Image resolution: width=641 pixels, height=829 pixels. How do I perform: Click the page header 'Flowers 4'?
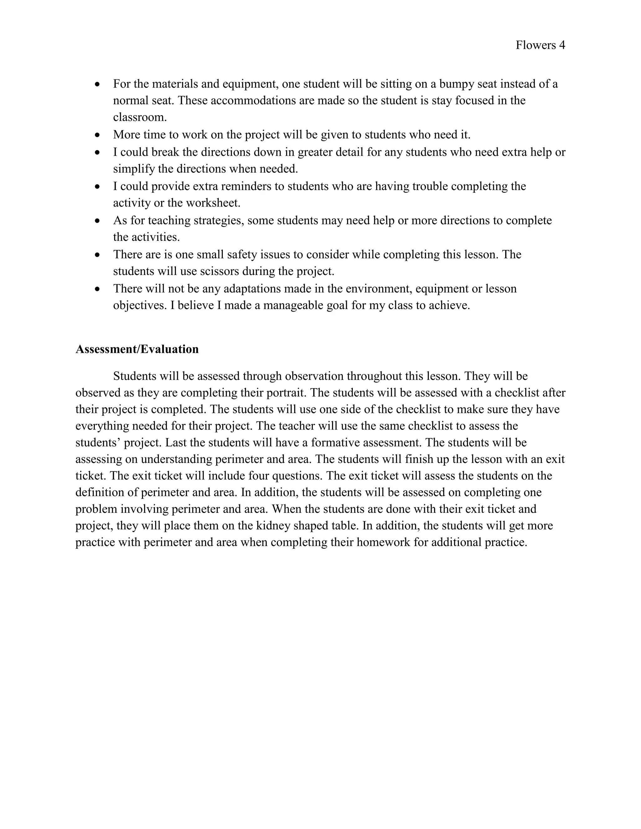540,45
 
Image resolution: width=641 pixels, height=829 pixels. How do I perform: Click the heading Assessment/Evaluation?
137,349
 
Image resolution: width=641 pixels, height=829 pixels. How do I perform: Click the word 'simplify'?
134,169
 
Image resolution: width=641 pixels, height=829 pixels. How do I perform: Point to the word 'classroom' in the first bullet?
139,117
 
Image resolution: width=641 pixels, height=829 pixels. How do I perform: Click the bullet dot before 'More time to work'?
98,135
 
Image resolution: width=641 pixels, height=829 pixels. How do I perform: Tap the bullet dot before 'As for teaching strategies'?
98,221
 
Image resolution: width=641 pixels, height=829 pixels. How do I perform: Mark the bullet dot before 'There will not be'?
98,289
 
